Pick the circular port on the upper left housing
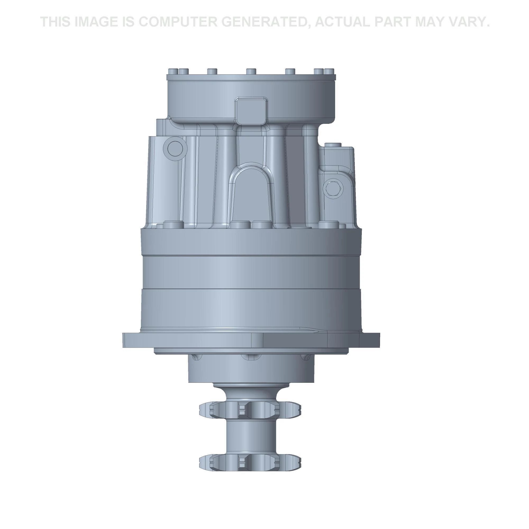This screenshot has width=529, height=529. click(173, 149)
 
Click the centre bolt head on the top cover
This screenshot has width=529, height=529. click(251, 71)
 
